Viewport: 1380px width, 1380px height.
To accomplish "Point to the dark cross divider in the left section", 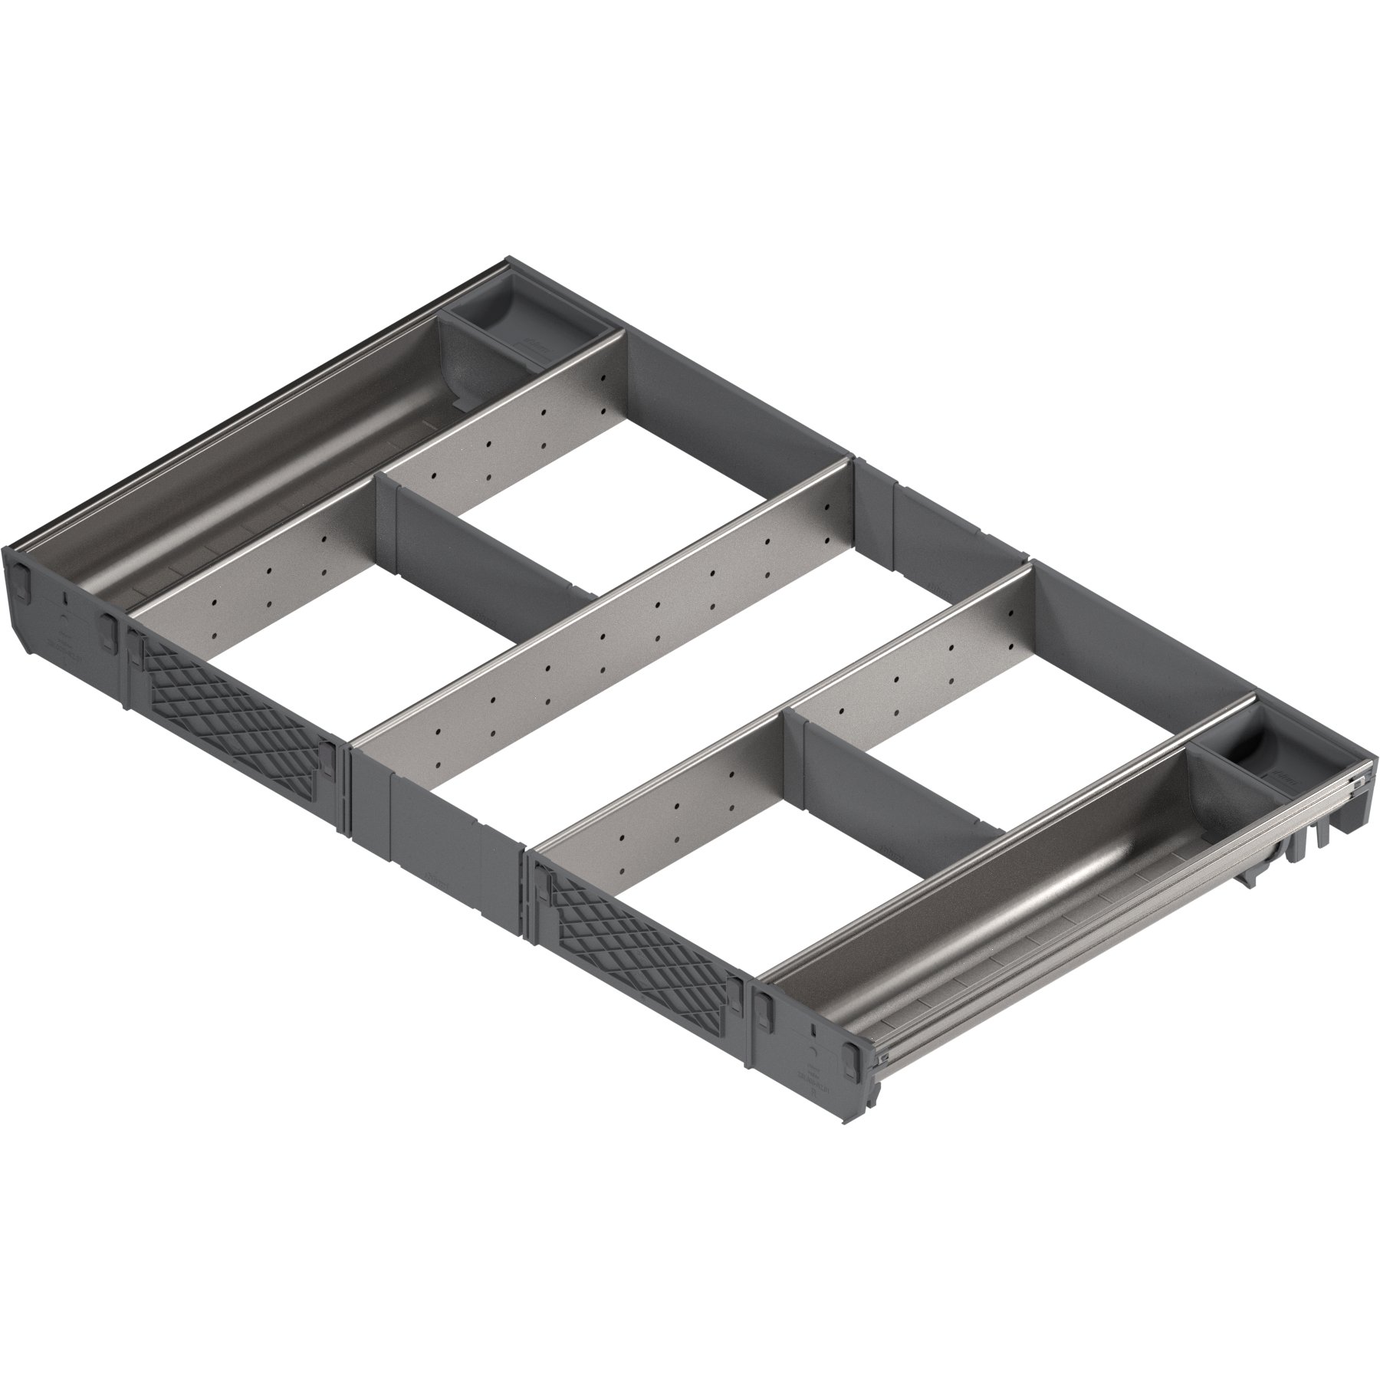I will pos(491,552).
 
